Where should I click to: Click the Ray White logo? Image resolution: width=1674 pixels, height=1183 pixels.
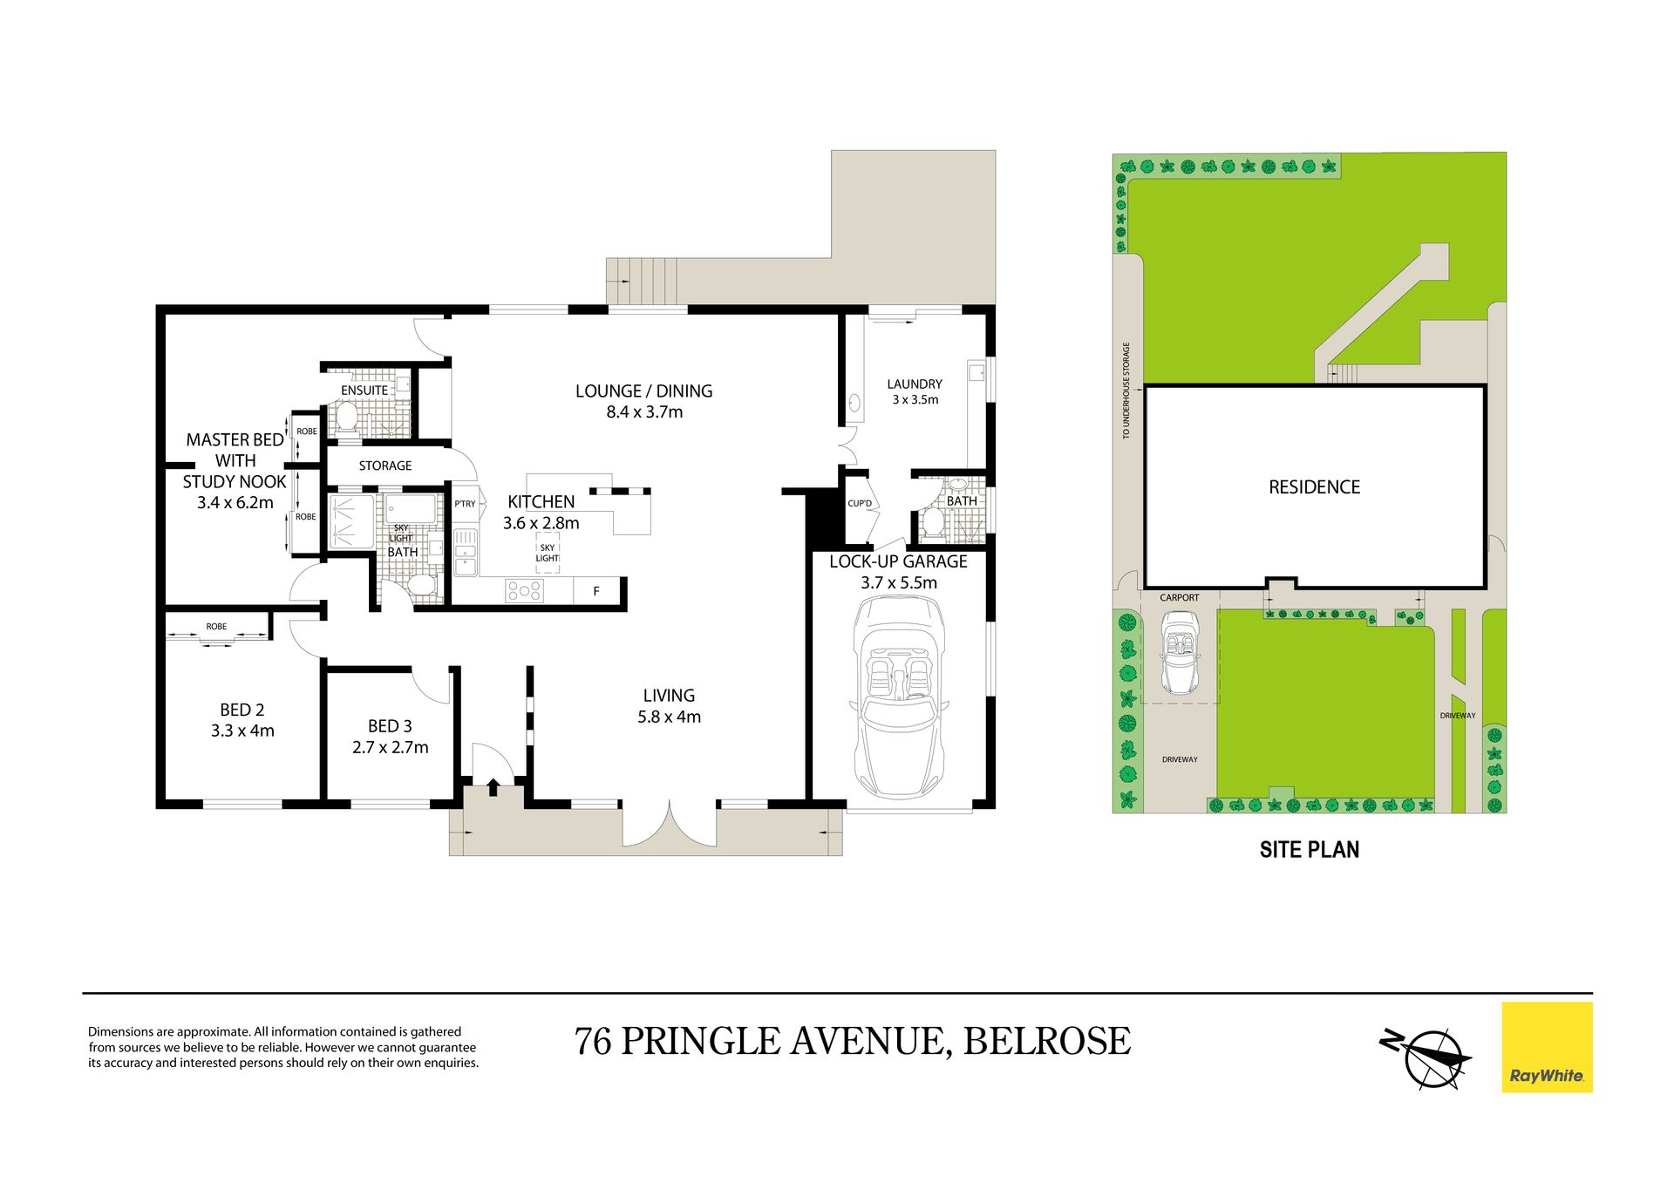tap(1547, 1047)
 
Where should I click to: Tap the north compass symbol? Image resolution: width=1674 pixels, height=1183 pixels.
tap(1426, 1058)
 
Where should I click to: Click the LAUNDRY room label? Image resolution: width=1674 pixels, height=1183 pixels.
tap(915, 384)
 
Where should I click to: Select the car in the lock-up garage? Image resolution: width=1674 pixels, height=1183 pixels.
tap(898, 697)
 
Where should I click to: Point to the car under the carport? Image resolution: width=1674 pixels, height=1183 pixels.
tap(1179, 652)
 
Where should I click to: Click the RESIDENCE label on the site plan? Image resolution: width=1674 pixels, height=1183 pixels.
tap(1314, 487)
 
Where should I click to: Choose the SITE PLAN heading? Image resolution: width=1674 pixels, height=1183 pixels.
tap(1309, 849)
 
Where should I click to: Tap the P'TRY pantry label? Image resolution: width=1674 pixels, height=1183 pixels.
tap(465, 504)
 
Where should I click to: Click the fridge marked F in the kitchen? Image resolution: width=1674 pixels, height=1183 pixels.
tap(596, 591)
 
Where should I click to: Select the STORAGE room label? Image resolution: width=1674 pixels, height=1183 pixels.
tap(385, 466)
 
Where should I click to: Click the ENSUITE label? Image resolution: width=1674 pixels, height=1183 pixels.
tap(364, 391)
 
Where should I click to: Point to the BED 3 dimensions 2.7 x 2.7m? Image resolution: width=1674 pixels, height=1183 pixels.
tap(390, 747)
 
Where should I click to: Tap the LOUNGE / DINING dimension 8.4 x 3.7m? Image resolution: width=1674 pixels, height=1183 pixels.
tap(644, 412)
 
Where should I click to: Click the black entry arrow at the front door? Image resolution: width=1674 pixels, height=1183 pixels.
tap(493, 786)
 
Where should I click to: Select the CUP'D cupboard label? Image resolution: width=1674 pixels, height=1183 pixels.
tap(860, 503)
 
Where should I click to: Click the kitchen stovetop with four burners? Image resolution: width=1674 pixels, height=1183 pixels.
tap(524, 591)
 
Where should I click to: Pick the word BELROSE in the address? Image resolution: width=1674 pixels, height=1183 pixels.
tap(1047, 1041)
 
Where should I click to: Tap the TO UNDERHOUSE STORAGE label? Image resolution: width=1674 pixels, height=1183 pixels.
tap(1126, 391)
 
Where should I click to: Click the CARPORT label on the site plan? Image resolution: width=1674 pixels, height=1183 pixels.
tap(1179, 598)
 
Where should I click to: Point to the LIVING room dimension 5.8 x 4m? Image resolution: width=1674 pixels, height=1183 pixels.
tap(669, 717)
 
